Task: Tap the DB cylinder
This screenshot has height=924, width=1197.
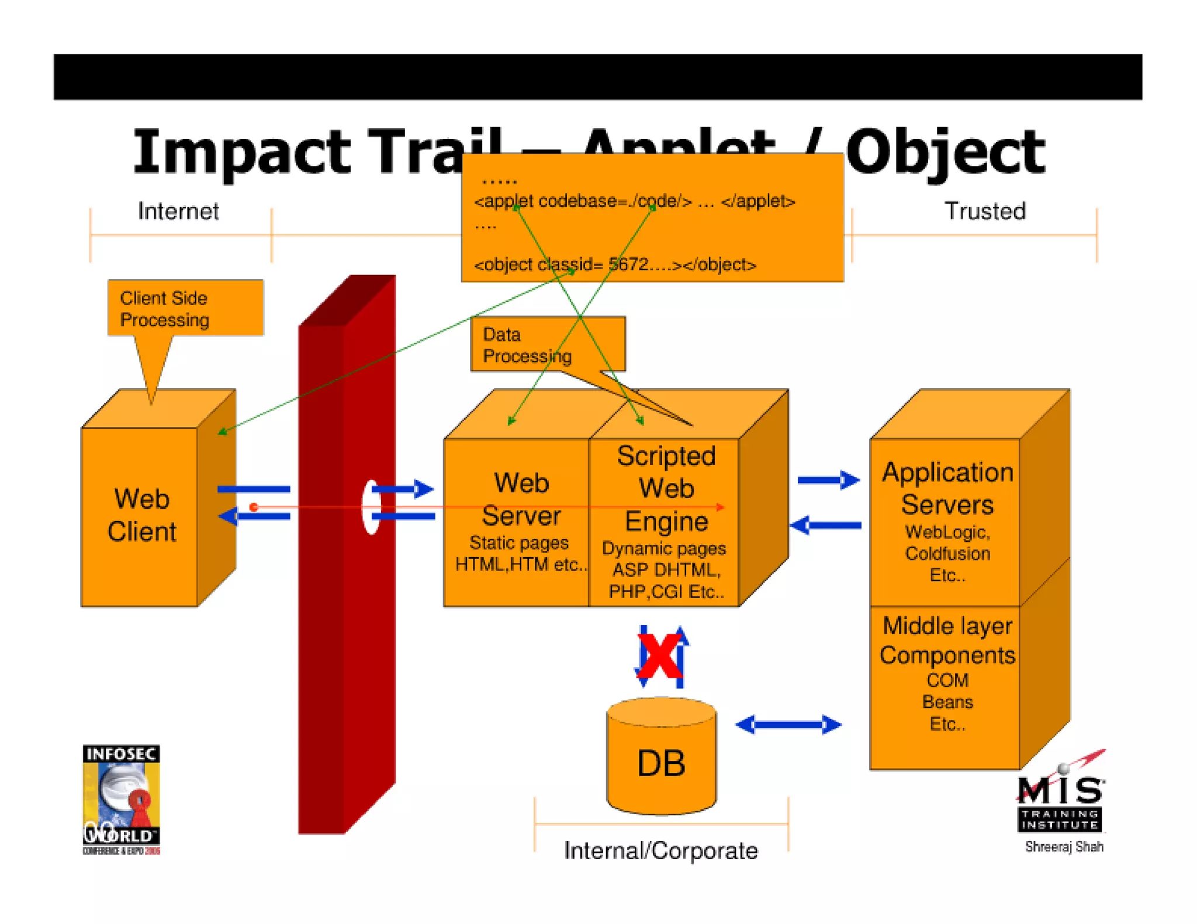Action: point(661,759)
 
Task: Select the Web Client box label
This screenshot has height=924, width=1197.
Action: point(142,515)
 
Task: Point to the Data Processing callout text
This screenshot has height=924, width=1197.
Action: point(527,345)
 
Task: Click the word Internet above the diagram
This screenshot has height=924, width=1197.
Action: point(178,211)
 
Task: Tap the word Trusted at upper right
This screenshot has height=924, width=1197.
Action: point(985,211)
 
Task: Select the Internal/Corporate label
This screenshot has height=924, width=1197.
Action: point(660,850)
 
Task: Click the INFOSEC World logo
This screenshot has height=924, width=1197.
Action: point(121,799)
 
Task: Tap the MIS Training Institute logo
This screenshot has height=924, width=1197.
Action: point(1060,800)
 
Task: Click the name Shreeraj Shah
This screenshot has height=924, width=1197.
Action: point(1064,846)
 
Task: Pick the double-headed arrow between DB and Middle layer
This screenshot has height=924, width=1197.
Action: point(788,725)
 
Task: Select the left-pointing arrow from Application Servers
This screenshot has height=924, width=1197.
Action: point(825,525)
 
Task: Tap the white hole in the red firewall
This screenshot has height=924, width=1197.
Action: point(371,507)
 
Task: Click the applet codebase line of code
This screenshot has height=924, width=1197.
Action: point(634,202)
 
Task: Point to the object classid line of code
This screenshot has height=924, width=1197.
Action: point(614,265)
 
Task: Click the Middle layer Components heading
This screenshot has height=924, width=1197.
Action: point(947,640)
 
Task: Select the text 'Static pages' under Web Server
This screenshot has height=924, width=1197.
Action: point(518,543)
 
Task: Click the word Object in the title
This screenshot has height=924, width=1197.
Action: point(945,152)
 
